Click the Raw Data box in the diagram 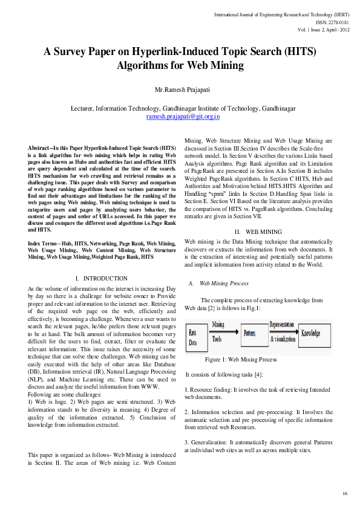click(x=194, y=337)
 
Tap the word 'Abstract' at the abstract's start click(x=39, y=148)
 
